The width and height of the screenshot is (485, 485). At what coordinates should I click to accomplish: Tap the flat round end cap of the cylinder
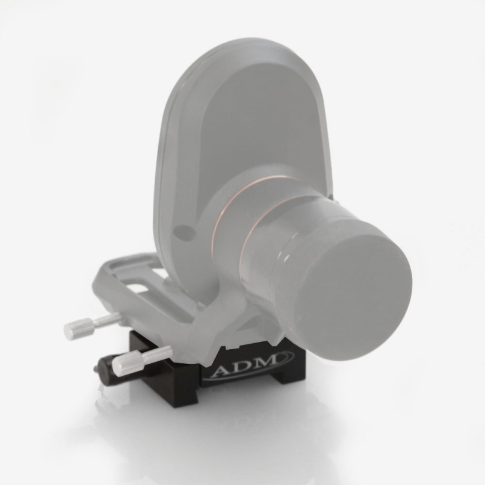(352, 297)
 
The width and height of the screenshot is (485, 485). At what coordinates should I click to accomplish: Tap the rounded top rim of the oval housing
(242, 45)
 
